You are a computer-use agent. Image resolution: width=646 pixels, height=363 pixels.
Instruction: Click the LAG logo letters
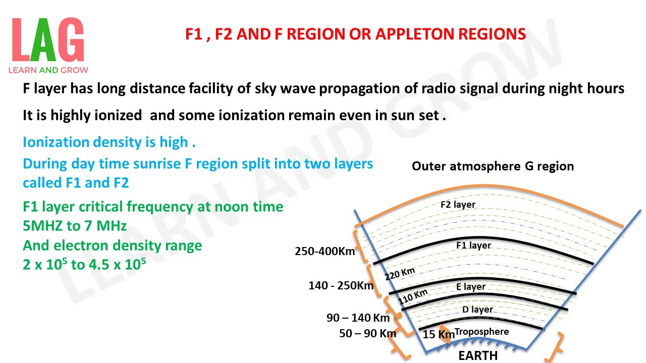click(x=48, y=40)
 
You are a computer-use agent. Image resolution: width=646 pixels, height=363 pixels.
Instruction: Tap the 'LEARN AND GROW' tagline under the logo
click(x=48, y=70)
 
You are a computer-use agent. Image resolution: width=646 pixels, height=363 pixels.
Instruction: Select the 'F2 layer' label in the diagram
click(x=458, y=205)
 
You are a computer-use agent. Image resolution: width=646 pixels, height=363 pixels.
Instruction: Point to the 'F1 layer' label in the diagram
click(x=473, y=246)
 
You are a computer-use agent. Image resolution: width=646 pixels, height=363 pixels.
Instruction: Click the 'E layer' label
click(x=470, y=286)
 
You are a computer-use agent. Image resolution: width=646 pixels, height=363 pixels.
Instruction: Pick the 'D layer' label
click(x=477, y=310)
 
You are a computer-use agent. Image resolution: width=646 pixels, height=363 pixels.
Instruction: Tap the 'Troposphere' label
click(x=481, y=331)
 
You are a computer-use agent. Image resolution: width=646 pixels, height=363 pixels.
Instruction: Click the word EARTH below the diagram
click(x=477, y=355)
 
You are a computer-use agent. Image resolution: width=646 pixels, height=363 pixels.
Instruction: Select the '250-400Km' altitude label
click(x=325, y=251)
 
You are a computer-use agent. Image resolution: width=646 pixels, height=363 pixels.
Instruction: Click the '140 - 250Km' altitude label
click(x=341, y=286)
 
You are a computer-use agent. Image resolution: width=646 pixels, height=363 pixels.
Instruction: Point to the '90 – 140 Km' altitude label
click(x=358, y=318)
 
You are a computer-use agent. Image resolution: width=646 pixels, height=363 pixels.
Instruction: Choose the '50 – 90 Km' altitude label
click(x=367, y=333)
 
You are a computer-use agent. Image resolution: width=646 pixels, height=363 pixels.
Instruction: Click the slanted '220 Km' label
click(x=400, y=274)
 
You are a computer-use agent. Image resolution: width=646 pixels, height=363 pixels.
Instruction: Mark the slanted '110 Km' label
click(x=413, y=297)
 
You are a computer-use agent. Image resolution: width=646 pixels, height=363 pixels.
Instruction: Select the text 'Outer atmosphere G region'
click(x=493, y=166)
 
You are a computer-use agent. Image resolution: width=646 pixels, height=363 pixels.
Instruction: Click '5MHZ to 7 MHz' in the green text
click(x=75, y=225)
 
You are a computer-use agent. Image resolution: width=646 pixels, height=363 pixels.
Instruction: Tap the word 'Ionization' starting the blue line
click(x=56, y=142)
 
